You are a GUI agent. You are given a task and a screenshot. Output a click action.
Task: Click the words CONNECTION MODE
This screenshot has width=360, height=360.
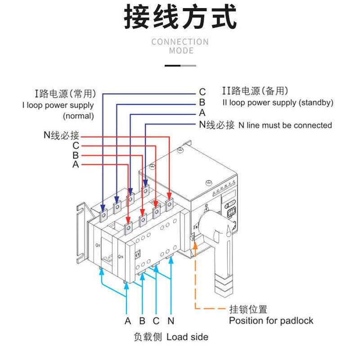(180, 46)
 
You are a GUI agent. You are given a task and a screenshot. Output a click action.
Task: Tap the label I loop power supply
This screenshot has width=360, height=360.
(58, 105)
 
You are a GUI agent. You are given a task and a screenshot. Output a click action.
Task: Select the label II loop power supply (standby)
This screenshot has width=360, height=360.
(278, 103)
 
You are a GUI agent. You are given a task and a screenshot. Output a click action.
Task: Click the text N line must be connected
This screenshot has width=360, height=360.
(285, 126)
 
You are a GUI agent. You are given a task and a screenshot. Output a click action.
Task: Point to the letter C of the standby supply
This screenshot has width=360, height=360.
(202, 93)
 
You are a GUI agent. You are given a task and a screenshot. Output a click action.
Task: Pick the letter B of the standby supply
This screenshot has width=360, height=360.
(202, 103)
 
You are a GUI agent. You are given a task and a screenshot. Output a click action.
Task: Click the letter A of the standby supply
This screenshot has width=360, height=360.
(202, 113)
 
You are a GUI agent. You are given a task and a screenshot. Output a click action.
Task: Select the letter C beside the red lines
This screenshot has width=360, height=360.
(76, 146)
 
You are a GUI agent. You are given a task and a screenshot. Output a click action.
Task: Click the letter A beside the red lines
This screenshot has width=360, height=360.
(76, 165)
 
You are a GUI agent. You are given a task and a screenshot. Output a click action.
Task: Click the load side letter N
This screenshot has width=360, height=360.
(171, 321)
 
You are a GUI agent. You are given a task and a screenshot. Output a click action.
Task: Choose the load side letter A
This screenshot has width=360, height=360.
(128, 321)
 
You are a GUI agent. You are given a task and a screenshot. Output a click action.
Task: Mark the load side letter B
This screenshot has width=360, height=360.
(142, 321)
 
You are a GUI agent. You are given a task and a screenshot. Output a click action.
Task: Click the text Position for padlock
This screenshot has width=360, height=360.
(271, 321)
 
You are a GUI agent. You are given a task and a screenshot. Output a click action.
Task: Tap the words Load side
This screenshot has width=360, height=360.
(187, 337)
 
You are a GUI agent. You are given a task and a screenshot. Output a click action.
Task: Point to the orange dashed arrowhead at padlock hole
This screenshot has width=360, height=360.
(196, 247)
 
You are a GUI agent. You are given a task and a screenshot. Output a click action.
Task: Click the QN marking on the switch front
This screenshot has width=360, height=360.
(120, 256)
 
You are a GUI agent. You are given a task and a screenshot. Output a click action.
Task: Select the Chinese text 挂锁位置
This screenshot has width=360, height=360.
(248, 309)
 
